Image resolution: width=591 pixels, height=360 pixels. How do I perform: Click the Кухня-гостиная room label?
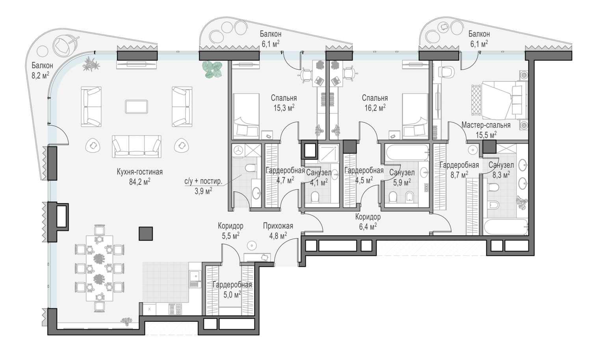coord(139,172)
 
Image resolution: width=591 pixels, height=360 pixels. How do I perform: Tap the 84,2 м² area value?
coord(139,182)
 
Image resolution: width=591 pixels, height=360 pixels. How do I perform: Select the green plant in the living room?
coord(212,69)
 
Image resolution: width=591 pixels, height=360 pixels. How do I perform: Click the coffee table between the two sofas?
coord(136,107)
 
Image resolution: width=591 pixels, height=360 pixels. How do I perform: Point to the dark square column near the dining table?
coord(146,234)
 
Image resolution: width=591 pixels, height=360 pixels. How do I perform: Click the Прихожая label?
coord(278,226)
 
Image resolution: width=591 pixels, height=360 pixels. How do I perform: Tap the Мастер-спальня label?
coord(486,125)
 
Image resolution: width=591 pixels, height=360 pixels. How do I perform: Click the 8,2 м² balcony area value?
coord(40,76)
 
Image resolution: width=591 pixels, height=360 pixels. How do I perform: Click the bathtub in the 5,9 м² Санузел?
coord(407,152)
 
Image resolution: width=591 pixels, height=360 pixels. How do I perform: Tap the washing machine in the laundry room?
coord(239,150)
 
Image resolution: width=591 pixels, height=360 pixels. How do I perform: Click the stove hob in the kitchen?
coord(175,309)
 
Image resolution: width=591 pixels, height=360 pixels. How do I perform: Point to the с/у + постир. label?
coord(203,182)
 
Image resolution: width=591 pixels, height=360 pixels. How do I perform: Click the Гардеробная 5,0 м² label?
coord(232,289)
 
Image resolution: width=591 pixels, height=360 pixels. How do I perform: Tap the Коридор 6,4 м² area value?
coord(368,226)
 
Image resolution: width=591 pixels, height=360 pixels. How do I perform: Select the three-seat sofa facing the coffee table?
coord(136,147)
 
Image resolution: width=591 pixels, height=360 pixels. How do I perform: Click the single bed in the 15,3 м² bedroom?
coord(246,116)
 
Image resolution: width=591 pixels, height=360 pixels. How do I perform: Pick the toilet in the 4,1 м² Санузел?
coord(315,196)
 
